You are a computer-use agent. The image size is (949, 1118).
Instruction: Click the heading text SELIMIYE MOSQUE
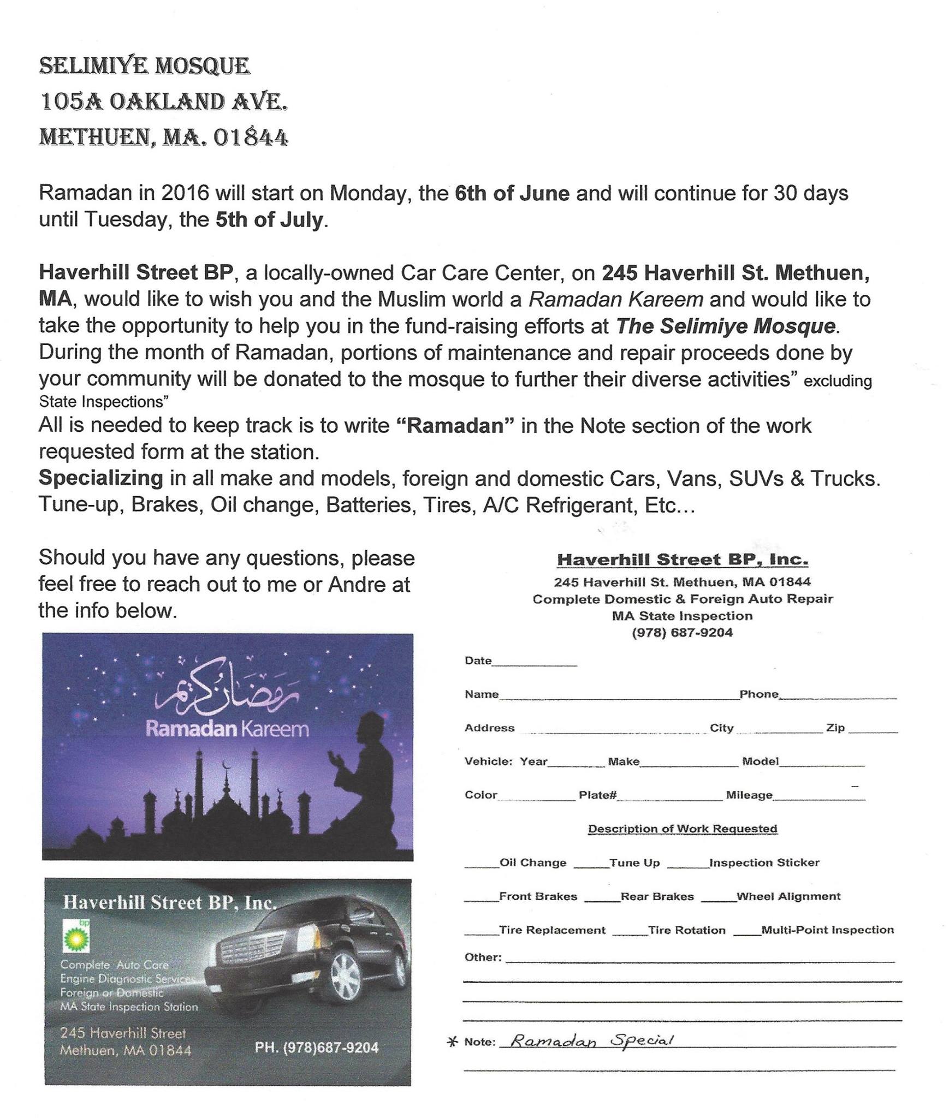click(144, 66)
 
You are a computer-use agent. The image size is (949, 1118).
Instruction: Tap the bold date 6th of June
click(512, 193)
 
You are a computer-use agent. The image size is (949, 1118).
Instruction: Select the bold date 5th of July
click(269, 219)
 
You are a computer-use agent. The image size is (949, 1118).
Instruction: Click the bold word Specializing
click(100, 478)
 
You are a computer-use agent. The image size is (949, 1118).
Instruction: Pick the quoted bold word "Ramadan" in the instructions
click(455, 425)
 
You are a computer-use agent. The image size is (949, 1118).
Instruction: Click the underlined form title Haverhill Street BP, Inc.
click(683, 560)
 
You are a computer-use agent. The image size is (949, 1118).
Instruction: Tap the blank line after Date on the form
click(535, 663)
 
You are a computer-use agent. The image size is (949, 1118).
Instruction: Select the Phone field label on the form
click(758, 694)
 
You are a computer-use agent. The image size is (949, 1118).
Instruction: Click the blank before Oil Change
click(482, 865)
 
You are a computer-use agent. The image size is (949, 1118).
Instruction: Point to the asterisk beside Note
click(452, 1042)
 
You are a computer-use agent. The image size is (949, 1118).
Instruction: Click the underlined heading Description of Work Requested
click(683, 829)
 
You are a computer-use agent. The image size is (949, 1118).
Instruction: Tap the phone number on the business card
click(317, 1048)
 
